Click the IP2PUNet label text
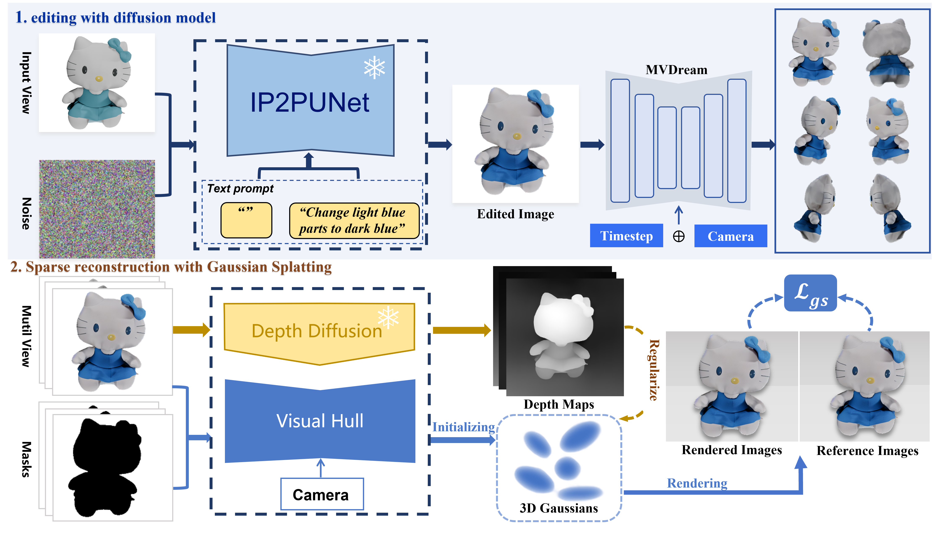(x=310, y=102)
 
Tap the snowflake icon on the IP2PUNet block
(x=374, y=67)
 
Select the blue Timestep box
(x=626, y=236)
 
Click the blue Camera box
(x=731, y=236)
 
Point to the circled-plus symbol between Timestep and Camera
(x=679, y=236)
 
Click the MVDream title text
(x=676, y=70)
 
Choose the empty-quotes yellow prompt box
(x=246, y=220)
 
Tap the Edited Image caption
(x=515, y=214)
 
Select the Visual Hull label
(x=320, y=421)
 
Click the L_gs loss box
(x=810, y=293)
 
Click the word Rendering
(x=697, y=483)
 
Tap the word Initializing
(x=463, y=427)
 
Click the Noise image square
(x=97, y=209)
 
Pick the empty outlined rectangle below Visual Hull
(x=322, y=494)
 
